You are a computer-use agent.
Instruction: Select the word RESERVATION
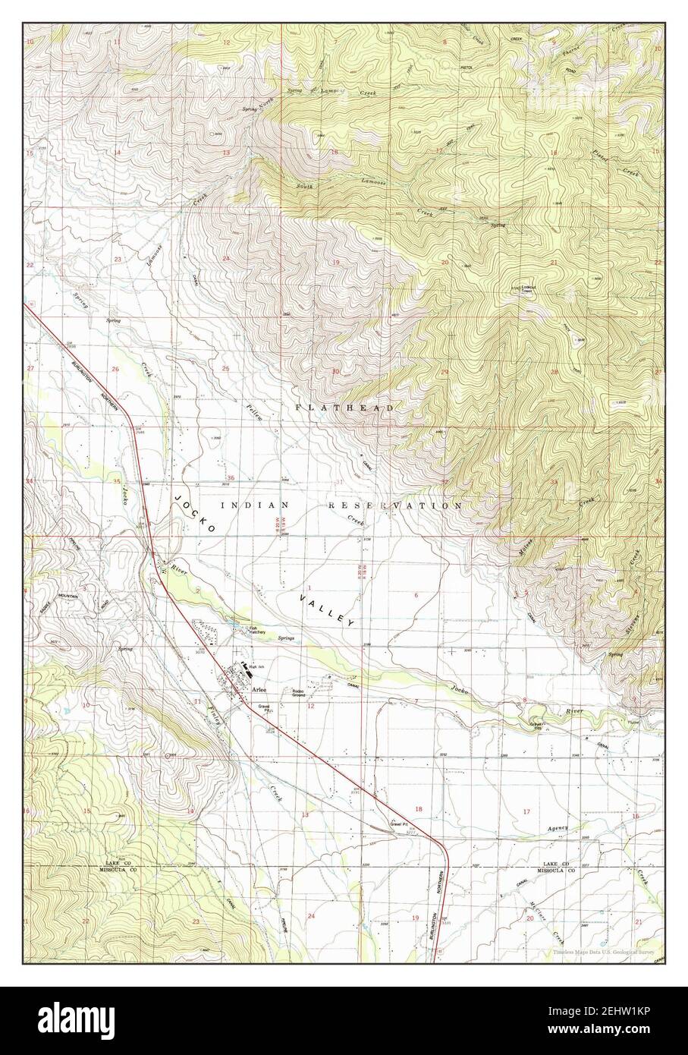[394, 505]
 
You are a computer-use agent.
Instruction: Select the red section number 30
[335, 371]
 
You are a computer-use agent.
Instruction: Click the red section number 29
[445, 371]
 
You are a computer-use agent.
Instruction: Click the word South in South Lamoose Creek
[305, 186]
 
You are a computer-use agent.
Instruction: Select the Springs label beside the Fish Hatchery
[286, 638]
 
